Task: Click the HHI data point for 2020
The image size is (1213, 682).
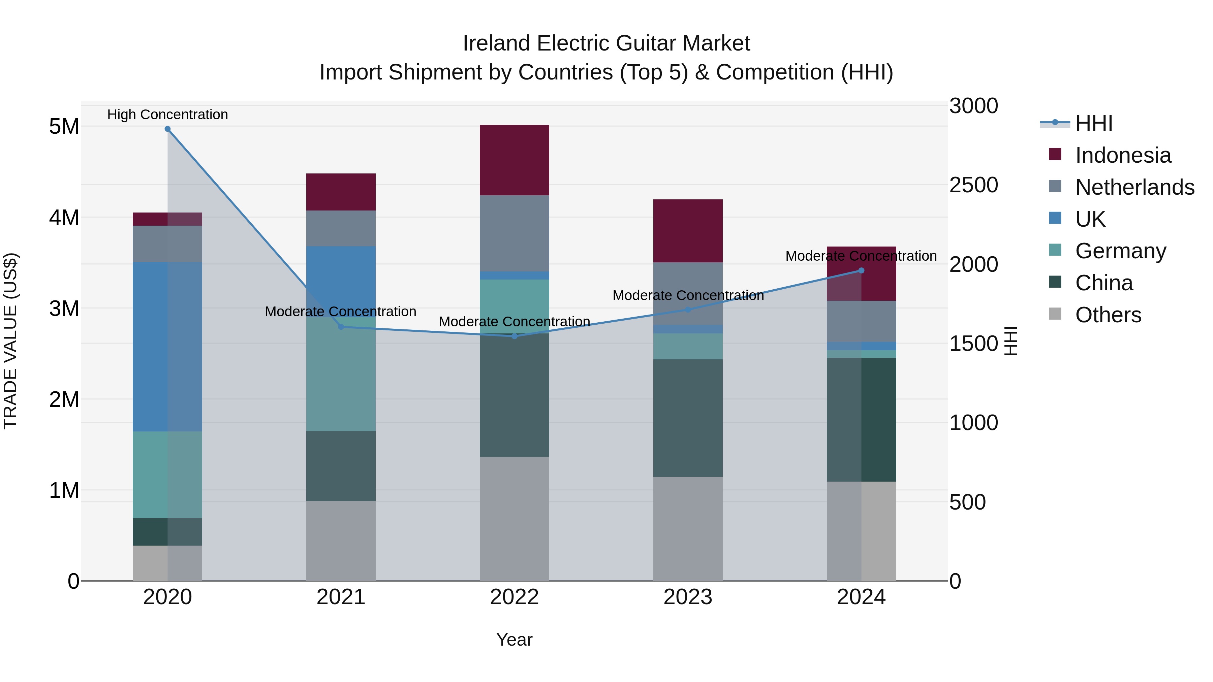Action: click(168, 129)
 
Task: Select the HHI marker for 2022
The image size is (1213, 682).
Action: click(514, 336)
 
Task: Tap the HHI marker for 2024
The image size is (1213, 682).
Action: click(861, 271)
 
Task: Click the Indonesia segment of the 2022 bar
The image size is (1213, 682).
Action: click(514, 160)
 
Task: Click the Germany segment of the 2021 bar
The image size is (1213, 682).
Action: click(341, 374)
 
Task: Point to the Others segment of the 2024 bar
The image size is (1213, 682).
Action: click(861, 531)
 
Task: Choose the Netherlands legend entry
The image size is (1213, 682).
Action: click(1134, 187)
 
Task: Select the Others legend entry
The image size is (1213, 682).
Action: click(1108, 315)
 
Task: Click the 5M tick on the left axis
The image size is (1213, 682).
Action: click(64, 127)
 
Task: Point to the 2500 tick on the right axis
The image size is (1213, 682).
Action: click(973, 185)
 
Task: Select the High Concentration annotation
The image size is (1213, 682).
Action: click(168, 115)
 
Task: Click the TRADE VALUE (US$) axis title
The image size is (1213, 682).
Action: click(10, 341)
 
